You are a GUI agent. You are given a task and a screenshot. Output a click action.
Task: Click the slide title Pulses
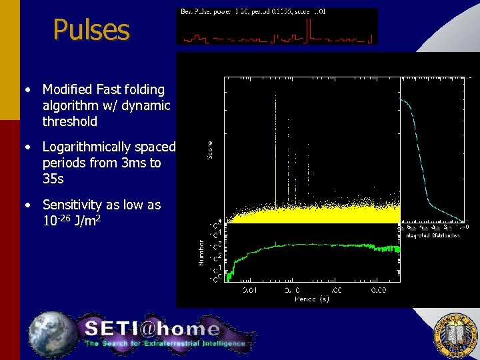coord(91,30)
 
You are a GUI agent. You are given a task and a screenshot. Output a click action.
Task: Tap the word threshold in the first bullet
coord(69,121)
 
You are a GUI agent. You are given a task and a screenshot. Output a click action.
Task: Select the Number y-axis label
coord(202,253)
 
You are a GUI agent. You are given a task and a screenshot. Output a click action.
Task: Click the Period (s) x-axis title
coord(312,299)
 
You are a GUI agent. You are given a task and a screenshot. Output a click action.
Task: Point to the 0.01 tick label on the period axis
coord(248,291)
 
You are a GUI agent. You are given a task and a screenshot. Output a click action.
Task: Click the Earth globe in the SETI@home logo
coord(53,331)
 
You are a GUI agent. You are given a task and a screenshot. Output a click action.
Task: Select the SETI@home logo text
coord(152,329)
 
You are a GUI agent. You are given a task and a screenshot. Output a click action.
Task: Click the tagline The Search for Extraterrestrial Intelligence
coord(165,343)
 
